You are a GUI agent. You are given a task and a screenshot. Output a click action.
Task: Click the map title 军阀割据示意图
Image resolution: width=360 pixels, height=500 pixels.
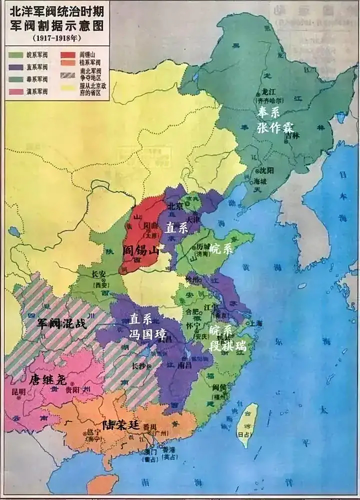point(57,27)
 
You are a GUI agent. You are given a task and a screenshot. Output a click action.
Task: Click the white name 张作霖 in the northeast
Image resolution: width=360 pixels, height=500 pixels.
point(275,127)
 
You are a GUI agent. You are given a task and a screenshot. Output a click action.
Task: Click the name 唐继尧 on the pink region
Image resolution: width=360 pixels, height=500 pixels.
point(48,379)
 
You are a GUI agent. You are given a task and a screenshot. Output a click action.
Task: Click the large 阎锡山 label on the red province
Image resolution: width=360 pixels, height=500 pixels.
point(140,250)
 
